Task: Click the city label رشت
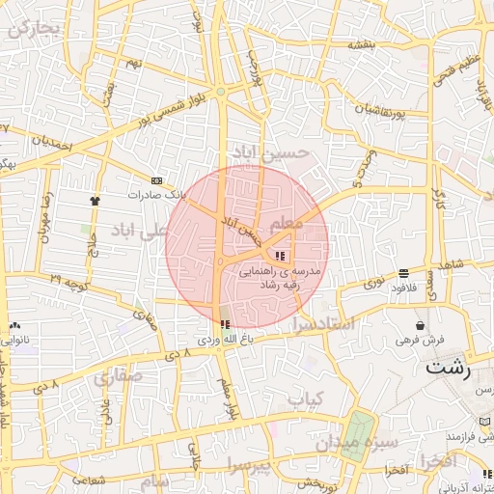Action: [450, 369]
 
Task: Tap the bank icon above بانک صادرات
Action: [156, 180]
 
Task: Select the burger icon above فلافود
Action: [402, 273]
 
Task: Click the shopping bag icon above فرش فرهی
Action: [420, 325]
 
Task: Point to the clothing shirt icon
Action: [95, 200]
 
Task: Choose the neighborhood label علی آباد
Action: [140, 231]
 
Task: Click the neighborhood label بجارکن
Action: [35, 29]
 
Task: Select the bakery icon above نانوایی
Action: [15, 325]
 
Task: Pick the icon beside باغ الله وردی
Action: [225, 325]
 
